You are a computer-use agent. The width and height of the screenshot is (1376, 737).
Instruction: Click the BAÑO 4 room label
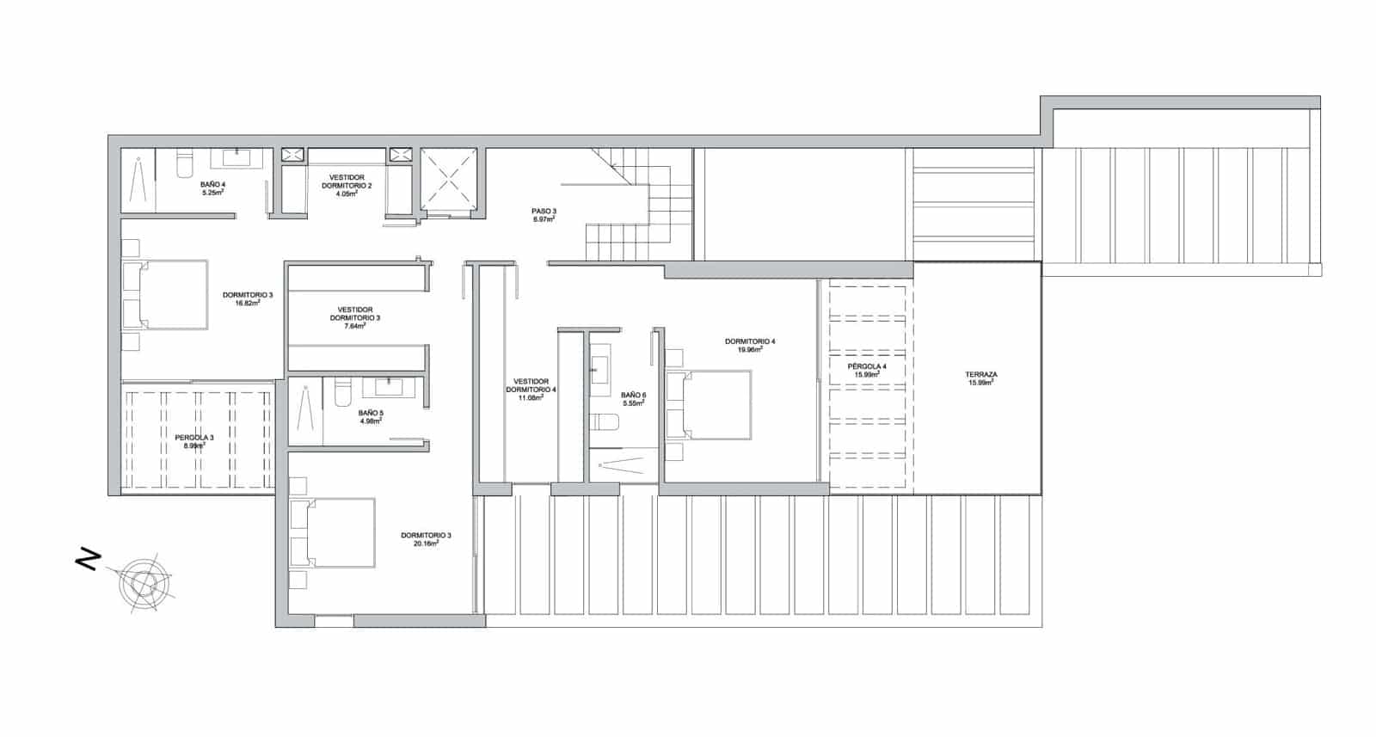coord(212,184)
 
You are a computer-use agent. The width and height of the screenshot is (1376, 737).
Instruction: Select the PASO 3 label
coord(543,211)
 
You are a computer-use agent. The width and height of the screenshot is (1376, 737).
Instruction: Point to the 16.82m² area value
coord(248,304)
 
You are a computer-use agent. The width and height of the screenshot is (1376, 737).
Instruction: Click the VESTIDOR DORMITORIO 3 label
coord(355,310)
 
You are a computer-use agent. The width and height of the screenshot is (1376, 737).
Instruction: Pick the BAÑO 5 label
coord(371,413)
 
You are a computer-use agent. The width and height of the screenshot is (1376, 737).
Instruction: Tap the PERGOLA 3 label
coord(194,438)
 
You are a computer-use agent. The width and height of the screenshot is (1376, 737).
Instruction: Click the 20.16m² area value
coord(426,544)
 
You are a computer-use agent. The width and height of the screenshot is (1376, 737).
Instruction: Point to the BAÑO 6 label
coord(633,396)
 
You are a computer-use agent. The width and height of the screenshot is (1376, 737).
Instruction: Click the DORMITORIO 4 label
coord(750,341)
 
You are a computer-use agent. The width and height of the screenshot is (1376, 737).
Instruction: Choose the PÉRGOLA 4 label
coord(867,366)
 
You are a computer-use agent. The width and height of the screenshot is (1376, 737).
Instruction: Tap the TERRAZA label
coord(981,375)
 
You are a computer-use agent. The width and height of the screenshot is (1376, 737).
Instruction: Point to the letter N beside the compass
coord(87,561)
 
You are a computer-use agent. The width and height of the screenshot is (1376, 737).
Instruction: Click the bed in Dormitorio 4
coord(709,405)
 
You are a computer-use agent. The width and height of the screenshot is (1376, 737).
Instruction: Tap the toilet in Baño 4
coord(183,165)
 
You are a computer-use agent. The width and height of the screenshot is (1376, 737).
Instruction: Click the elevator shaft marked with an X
coord(448,181)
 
